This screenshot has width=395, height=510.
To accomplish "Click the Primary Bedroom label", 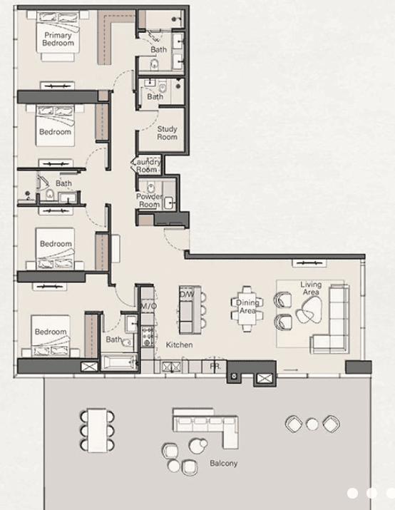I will tap(58, 39).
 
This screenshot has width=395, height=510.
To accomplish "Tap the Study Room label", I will tap(167, 133).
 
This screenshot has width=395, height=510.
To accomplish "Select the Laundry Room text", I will tap(147, 166).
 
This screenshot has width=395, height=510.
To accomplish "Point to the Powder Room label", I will tap(149, 200).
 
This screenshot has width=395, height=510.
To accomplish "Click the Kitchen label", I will tap(180, 345).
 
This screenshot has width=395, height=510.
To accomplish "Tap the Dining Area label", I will tap(247, 307).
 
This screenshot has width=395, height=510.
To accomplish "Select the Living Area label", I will tap(311, 288).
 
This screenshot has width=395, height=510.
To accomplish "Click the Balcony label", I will tap(223, 464).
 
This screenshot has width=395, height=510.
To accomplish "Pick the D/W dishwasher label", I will tap(187, 294).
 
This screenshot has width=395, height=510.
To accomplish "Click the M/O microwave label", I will tap(148, 306).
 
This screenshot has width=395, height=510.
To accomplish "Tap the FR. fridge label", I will tap(214, 366).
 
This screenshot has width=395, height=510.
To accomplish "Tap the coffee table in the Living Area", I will tap(310, 309).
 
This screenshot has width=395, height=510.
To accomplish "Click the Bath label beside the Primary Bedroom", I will tap(158, 50).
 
